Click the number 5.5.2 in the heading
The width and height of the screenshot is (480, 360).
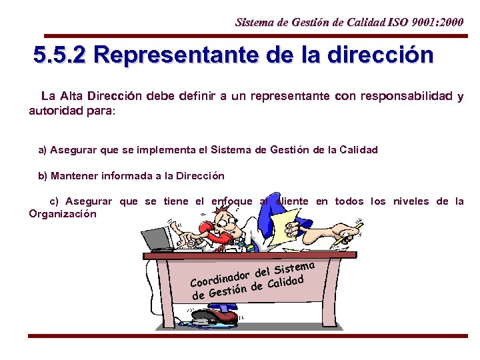[x=60, y=55]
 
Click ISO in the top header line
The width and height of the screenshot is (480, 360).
[x=401, y=23]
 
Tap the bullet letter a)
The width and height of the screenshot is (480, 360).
[x=43, y=150]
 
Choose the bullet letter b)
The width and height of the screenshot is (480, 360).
[x=43, y=176]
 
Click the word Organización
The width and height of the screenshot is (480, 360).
[x=63, y=214]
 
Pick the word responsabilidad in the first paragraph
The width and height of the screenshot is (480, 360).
[x=406, y=96]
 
